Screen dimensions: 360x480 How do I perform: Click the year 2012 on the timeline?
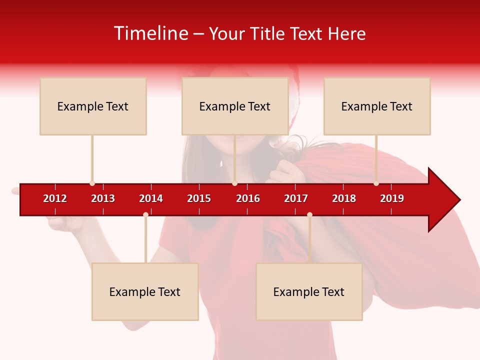point(55,198)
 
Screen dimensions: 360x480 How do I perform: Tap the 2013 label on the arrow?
point(103,198)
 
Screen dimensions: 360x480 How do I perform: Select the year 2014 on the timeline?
point(151,198)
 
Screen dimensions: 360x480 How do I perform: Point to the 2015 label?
point(199,198)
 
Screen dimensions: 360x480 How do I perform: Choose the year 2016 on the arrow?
point(248,198)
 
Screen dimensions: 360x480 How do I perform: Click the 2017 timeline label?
point(296,198)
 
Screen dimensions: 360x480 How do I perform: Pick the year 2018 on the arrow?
point(344,198)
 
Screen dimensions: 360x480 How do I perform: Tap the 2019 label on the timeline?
point(392,198)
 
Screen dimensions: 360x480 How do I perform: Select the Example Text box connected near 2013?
point(93,106)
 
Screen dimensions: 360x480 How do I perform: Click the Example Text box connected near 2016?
point(235,106)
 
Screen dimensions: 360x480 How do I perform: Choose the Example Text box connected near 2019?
point(377,106)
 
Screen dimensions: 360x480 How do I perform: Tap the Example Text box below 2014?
point(145,291)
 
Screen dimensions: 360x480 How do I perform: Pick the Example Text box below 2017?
point(309,291)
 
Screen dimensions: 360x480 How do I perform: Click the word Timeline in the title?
point(150,33)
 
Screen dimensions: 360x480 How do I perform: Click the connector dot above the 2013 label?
point(92,183)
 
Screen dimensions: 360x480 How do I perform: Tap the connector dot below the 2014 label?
point(145,214)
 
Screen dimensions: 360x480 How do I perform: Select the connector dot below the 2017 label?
point(309,214)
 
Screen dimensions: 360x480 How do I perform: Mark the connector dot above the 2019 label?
point(376,183)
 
